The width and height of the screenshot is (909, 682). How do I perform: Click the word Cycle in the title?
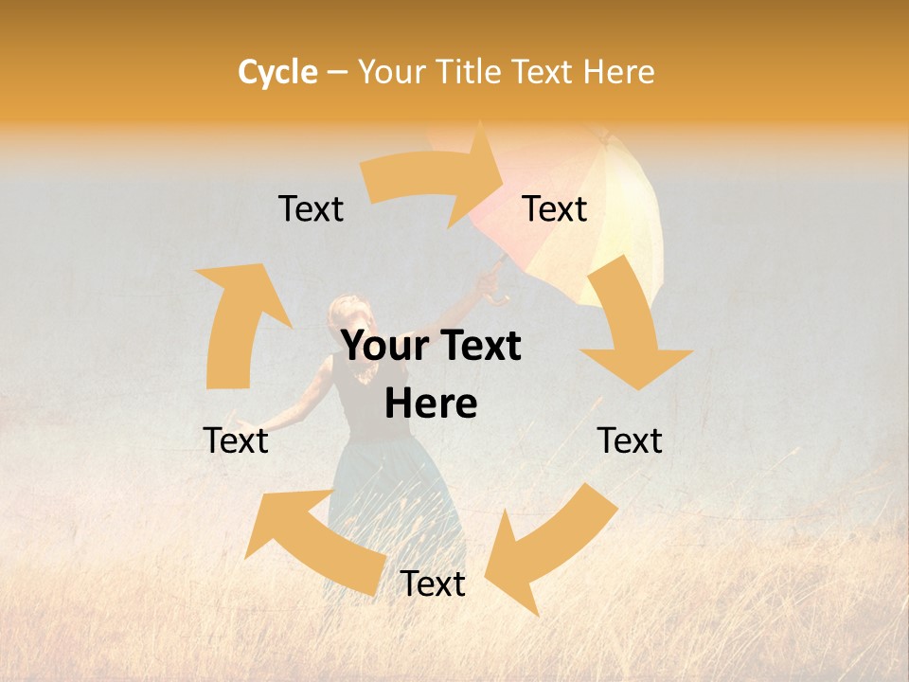(x=277, y=72)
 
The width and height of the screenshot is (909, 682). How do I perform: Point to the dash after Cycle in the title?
(x=337, y=72)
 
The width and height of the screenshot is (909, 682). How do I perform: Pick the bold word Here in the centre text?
(x=431, y=404)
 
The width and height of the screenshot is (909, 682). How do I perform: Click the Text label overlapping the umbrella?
(x=555, y=208)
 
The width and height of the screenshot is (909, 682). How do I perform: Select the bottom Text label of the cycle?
(x=433, y=584)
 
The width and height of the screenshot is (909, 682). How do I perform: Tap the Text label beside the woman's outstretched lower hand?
(x=236, y=440)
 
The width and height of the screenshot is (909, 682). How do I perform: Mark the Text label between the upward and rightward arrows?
(x=311, y=208)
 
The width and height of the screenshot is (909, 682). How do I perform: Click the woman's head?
(x=344, y=317)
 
